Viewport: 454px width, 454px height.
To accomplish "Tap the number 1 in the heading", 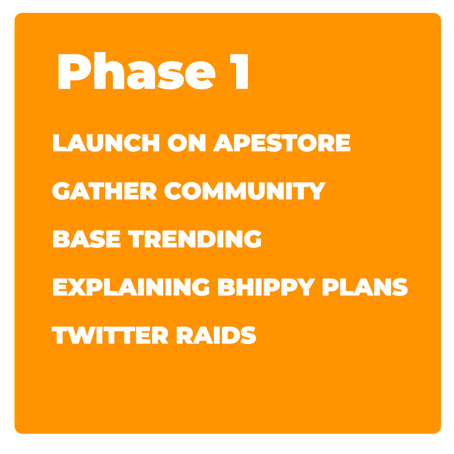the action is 239,71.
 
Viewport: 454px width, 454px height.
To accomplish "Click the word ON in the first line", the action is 187,143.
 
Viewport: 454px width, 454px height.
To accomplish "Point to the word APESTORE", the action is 282,143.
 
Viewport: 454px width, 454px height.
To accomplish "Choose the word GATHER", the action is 104,191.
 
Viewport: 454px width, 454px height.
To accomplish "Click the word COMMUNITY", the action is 245,191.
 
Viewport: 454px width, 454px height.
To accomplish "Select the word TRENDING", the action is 195,239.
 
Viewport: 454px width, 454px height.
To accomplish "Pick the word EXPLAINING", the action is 131,287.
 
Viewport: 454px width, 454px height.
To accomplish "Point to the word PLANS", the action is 365,287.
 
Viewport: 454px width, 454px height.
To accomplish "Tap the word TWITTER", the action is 110,335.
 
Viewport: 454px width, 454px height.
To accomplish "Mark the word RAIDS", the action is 217,335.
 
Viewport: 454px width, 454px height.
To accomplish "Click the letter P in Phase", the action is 75,71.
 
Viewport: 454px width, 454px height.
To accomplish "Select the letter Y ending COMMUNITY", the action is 317,191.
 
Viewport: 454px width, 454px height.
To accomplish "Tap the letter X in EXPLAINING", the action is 77,287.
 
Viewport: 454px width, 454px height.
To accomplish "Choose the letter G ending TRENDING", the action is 253,239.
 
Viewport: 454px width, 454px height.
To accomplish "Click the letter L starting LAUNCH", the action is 59,143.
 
